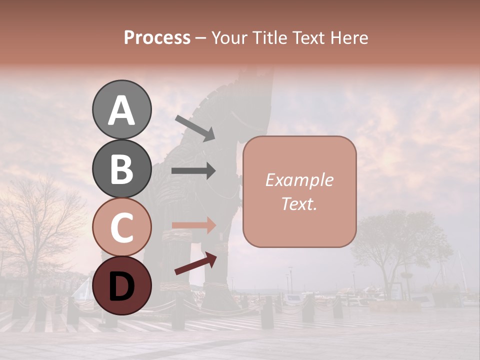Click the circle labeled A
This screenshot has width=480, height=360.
(x=121, y=110)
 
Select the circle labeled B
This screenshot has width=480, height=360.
(x=121, y=168)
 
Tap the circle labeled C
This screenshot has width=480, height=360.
(x=121, y=227)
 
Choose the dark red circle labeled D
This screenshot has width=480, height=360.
(x=121, y=285)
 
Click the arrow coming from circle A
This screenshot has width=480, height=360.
(x=195, y=128)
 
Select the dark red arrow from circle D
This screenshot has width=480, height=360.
(x=195, y=263)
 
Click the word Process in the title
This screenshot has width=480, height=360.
(x=157, y=37)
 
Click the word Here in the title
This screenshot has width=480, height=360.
(x=349, y=37)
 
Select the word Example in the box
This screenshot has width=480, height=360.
(x=299, y=180)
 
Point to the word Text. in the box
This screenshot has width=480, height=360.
(x=299, y=203)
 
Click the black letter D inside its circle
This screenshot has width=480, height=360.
(x=121, y=286)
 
